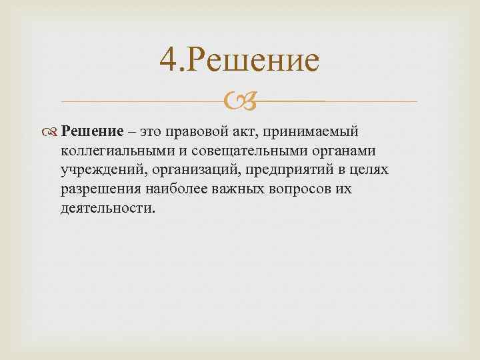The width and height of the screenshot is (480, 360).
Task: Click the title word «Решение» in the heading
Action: (x=255, y=61)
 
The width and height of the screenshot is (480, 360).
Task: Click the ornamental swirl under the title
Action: (x=239, y=102)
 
